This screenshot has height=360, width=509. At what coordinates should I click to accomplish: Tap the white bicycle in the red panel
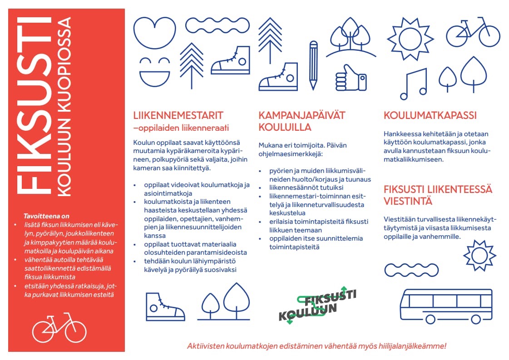coord(59,328)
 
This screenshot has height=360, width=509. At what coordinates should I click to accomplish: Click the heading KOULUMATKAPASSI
coord(430,116)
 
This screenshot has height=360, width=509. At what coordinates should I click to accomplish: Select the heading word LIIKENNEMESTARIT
coord(178,115)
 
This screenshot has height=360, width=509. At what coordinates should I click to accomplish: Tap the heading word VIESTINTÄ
coord(408,201)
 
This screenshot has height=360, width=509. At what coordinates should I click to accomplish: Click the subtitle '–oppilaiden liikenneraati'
coord(181,127)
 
